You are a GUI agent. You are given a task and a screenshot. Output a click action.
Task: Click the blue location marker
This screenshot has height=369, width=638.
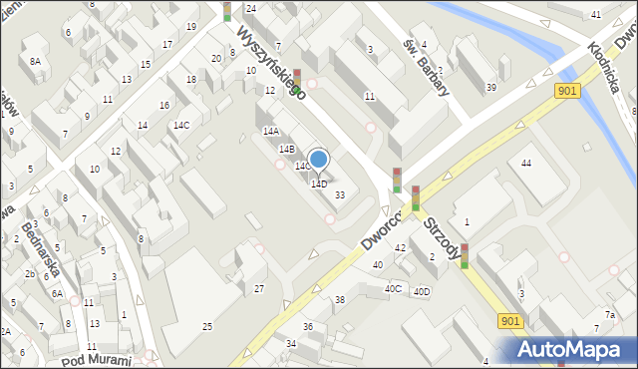tap(318, 159)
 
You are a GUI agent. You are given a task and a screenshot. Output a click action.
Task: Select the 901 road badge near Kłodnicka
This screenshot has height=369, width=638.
tap(566, 91)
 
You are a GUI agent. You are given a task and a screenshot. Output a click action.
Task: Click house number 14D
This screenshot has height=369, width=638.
tap(319, 184)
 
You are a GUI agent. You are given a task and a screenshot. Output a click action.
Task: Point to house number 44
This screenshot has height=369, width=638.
tap(525, 163)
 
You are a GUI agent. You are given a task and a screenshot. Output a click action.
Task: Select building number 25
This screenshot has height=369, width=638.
tap(207, 327)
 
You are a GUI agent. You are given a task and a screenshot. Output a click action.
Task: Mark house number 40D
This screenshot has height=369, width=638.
tap(422, 291)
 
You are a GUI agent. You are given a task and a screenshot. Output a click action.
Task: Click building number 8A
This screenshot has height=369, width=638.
tap(35, 61)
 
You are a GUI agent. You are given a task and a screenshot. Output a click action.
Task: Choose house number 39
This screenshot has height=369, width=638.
tap(490, 88)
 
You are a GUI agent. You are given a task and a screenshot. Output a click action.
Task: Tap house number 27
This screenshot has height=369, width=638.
tap(259, 288)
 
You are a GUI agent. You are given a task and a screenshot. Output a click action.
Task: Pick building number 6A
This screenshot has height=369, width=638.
tap(58, 294)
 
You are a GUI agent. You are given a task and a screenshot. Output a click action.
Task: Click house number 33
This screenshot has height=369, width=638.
tap(340, 194)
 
